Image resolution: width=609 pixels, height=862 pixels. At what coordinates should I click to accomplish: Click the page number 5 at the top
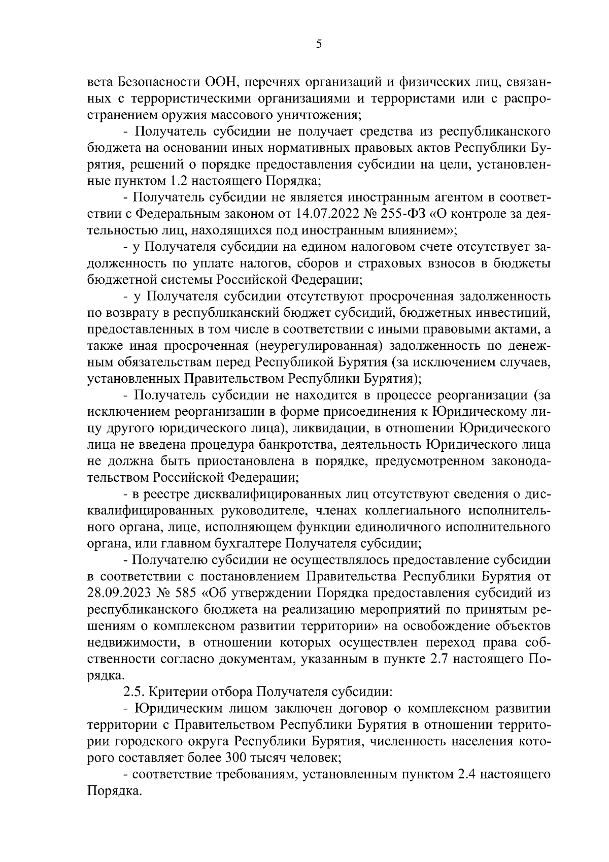[x=319, y=44]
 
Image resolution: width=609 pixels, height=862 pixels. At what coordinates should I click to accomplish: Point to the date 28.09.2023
[x=117, y=593]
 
